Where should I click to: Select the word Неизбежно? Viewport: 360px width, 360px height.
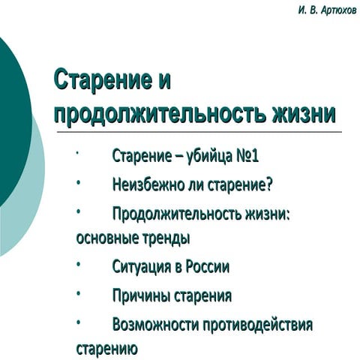pos(150,184)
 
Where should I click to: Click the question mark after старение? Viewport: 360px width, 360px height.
pos(268,184)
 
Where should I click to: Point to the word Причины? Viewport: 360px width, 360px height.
pos(142,295)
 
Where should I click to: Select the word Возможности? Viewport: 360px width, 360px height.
pos(157,325)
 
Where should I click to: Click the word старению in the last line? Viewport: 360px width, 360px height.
pos(106,349)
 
